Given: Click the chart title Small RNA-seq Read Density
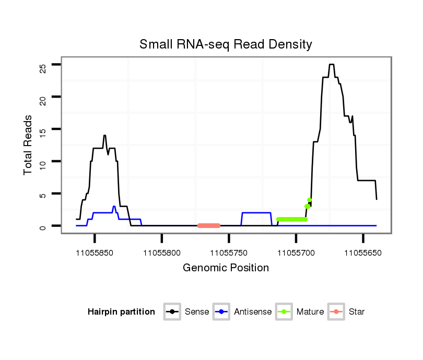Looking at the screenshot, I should tap(226, 44).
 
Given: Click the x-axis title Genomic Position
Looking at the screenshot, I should tap(226, 268).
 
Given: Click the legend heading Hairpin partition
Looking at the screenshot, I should tap(121, 312).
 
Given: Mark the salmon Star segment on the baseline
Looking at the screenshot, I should tap(209, 226).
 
